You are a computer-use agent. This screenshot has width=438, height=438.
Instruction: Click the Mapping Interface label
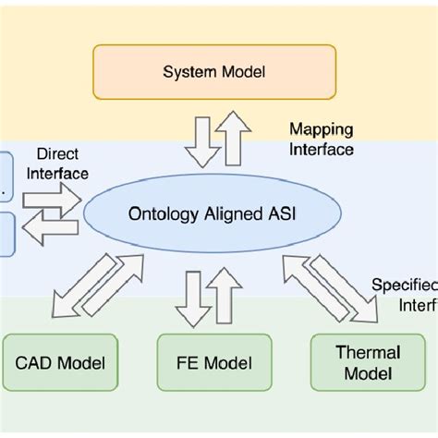(321, 138)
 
